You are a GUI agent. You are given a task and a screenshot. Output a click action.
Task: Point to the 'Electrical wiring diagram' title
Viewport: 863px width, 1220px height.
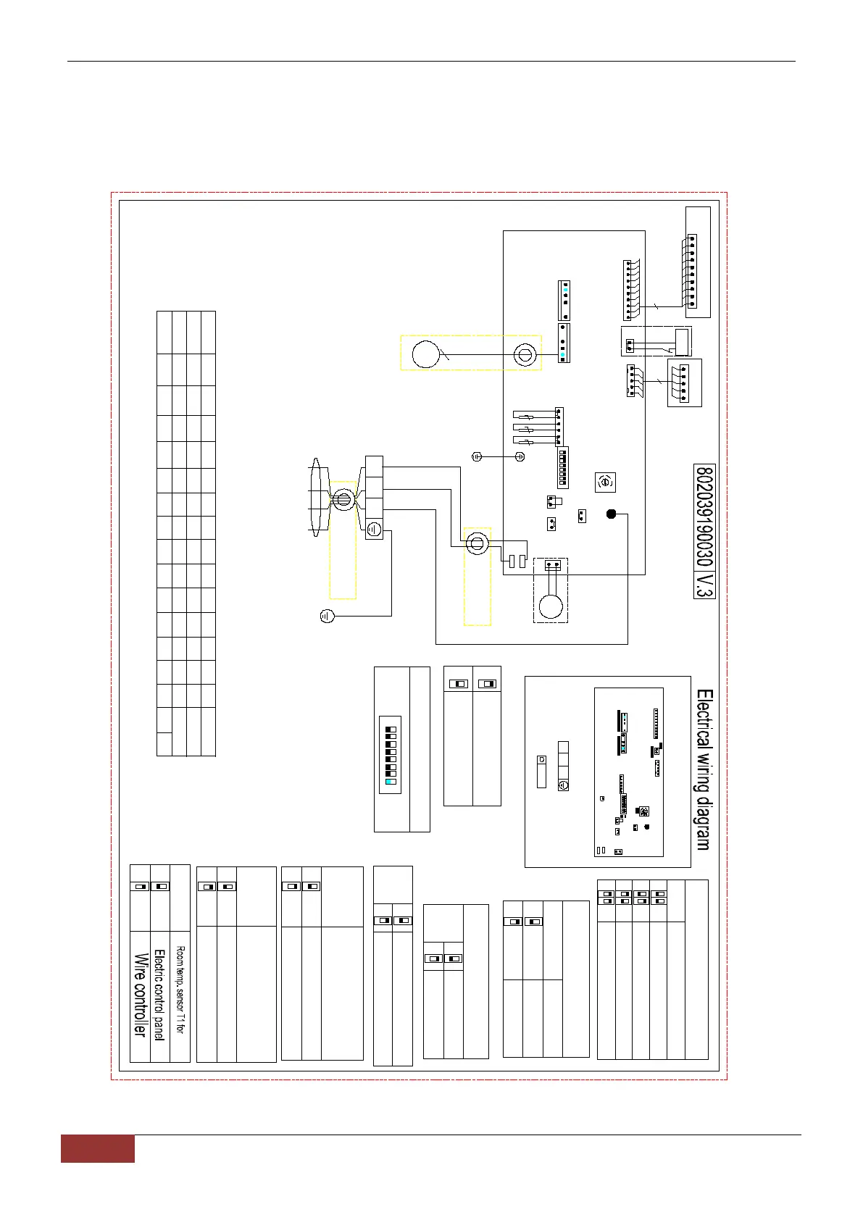(x=704, y=769)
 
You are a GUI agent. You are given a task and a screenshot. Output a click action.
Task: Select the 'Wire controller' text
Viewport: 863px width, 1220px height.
(x=140, y=994)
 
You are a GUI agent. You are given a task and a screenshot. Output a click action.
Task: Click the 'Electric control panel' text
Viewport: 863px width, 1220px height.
(x=159, y=994)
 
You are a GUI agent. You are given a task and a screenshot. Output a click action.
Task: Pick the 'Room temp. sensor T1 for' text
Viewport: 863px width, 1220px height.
(x=180, y=989)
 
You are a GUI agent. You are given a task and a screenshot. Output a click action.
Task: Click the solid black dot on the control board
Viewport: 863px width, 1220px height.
(x=611, y=514)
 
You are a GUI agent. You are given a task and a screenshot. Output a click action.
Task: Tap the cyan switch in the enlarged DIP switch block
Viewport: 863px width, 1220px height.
(x=391, y=782)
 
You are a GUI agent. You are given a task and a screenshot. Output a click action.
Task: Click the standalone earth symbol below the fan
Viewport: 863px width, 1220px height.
(x=327, y=617)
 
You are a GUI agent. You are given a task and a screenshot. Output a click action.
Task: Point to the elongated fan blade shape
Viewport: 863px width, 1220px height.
(x=315, y=498)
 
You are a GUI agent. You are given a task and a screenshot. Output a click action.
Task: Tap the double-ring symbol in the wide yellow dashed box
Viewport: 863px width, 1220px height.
(x=524, y=354)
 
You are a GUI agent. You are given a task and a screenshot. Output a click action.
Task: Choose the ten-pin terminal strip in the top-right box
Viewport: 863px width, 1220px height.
(x=692, y=271)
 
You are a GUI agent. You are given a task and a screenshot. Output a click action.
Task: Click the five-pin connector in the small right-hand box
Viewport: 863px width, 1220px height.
(x=683, y=383)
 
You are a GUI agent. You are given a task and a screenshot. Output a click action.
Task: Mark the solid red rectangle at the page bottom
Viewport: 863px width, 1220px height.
(x=97, y=1148)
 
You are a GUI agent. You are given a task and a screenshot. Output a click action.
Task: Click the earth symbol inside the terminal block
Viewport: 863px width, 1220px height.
(x=373, y=530)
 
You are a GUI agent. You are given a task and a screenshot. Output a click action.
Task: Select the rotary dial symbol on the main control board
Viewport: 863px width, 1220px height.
(x=604, y=481)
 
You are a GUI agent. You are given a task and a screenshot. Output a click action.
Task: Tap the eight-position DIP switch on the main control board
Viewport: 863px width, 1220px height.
(x=563, y=467)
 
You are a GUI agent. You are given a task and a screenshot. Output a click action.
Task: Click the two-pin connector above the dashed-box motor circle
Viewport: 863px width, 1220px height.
(x=551, y=564)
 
